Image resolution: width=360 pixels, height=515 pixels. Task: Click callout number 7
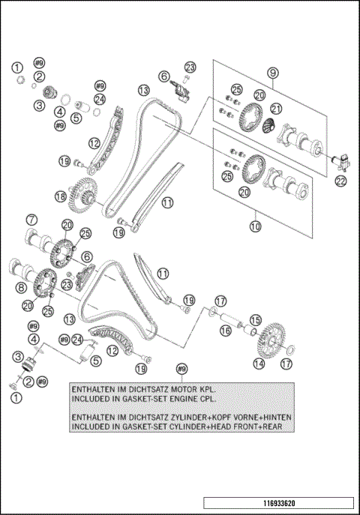pyautogui.click(x=31, y=220)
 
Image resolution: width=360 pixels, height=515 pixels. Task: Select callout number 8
pyautogui.click(x=21, y=288)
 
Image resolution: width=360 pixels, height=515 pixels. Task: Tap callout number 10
pyautogui.click(x=255, y=226)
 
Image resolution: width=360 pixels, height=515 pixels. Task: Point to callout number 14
pyautogui.click(x=259, y=364)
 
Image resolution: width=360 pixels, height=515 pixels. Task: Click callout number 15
pyautogui.click(x=255, y=320)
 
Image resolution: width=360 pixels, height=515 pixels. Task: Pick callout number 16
pyautogui.click(x=226, y=331)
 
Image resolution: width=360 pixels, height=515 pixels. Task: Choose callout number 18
pyautogui.click(x=61, y=196)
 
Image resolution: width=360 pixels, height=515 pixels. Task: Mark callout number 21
pyautogui.click(x=276, y=109)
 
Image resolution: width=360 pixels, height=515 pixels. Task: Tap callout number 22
pyautogui.click(x=341, y=181)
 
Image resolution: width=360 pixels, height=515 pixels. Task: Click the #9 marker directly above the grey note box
pyautogui.click(x=182, y=369)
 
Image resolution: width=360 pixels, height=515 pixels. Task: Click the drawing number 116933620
pyautogui.click(x=279, y=503)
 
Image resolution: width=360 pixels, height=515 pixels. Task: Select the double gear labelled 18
pyautogui.click(x=82, y=194)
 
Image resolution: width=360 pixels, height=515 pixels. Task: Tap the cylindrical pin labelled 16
pyautogui.click(x=228, y=319)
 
